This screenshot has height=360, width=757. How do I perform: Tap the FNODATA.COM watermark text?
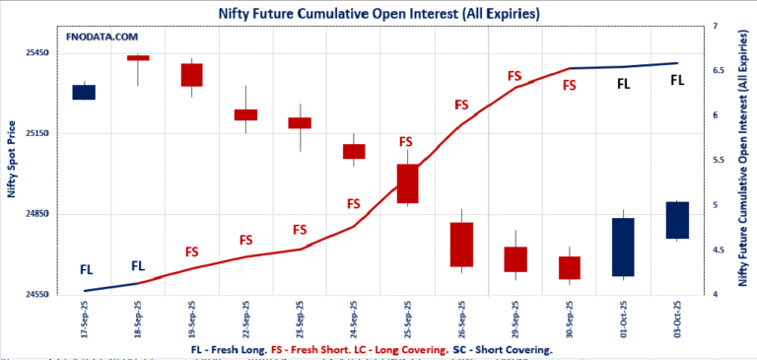click(102, 36)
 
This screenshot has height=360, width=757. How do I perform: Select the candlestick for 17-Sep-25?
click(84, 92)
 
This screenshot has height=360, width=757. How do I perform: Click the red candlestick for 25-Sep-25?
click(408, 183)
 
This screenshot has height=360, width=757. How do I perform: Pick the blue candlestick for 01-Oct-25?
click(622, 247)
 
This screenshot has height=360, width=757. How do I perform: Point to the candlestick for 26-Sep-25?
click(461, 244)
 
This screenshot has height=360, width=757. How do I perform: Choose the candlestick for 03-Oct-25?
click(676, 219)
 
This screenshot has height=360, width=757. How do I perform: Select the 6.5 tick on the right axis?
click(717, 71)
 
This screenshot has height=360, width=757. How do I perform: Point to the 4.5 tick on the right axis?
click(717, 251)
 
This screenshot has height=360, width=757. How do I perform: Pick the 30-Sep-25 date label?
click(570, 321)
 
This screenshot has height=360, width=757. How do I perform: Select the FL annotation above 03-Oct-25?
click(676, 80)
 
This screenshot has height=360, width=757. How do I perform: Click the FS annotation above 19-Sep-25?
click(192, 252)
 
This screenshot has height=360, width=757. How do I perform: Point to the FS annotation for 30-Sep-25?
click(569, 86)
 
